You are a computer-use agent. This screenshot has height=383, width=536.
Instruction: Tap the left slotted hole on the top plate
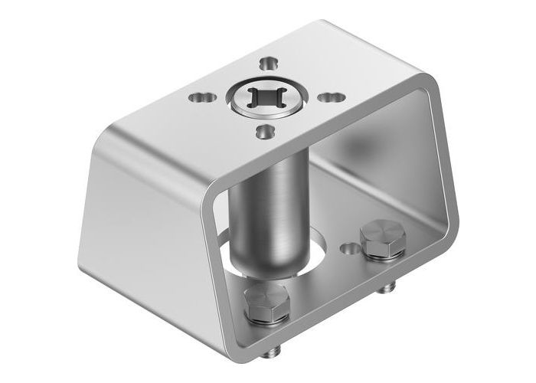pyautogui.click(x=202, y=97)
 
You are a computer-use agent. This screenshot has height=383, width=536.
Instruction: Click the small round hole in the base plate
pyautogui.click(x=350, y=248)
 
